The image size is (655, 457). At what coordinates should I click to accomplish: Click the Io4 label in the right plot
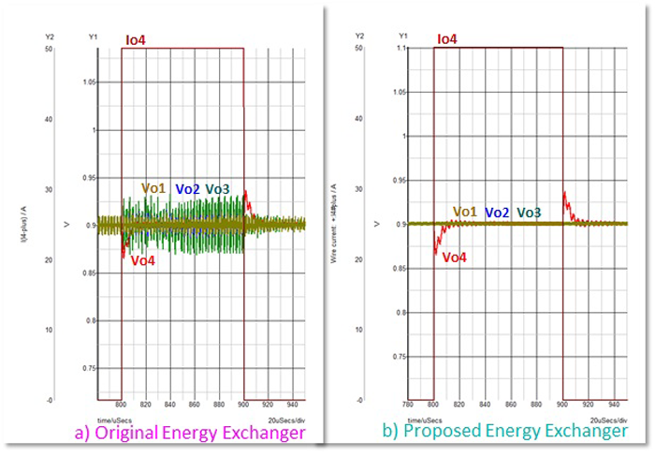(446, 39)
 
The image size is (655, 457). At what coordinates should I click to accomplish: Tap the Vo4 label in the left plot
(142, 260)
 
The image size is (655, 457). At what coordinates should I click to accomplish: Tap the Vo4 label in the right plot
(456, 257)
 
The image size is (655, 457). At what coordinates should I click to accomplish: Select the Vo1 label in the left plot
(153, 189)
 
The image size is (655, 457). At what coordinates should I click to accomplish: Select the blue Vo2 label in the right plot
(497, 213)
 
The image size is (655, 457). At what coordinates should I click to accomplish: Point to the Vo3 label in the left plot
(217, 189)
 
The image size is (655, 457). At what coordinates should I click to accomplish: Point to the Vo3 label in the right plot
(529, 213)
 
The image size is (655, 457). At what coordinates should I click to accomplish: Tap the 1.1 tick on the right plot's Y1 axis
(402, 48)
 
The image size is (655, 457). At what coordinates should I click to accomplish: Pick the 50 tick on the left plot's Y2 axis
(47, 48)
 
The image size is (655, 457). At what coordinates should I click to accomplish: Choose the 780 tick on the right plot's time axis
(407, 406)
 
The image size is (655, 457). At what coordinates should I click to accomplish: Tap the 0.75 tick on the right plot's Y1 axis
(400, 357)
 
